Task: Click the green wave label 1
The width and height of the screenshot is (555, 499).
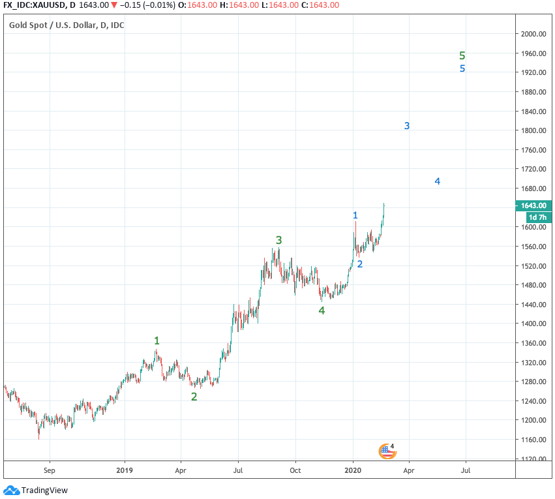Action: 157,340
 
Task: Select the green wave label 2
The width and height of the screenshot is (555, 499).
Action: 194,397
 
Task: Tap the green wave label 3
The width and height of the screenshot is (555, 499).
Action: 279,240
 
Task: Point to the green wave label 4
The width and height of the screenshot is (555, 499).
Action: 322,310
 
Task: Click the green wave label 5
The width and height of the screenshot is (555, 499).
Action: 462,56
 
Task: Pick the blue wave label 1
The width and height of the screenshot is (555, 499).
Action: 355,215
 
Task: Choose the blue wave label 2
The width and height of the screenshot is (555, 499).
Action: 359,264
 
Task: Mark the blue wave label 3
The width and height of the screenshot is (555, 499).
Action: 406,126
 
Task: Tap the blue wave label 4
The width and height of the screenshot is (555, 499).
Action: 438,181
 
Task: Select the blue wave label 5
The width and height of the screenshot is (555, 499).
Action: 462,68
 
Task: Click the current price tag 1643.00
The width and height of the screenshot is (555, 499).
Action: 532,205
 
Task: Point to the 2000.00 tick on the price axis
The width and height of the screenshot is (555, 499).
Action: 532,34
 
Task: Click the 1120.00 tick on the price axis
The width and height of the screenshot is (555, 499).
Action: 532,459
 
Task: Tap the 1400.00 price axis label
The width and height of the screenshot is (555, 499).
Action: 532,324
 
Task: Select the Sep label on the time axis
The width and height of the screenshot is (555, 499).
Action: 50,470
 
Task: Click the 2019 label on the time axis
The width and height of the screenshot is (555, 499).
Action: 125,470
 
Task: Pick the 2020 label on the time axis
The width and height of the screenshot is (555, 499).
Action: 353,470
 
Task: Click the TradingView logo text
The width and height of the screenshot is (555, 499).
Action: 44,491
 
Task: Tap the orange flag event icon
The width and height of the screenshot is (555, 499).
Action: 387,451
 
